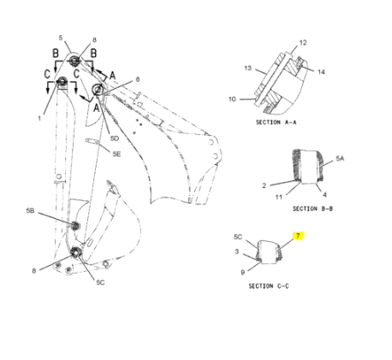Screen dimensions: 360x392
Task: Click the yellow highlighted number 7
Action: tap(297, 235)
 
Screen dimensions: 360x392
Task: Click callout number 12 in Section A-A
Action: tap(301, 42)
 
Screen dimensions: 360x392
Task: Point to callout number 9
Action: tap(242, 272)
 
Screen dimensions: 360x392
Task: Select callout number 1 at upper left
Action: tap(39, 119)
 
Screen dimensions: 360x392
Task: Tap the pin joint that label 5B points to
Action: tap(74, 225)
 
